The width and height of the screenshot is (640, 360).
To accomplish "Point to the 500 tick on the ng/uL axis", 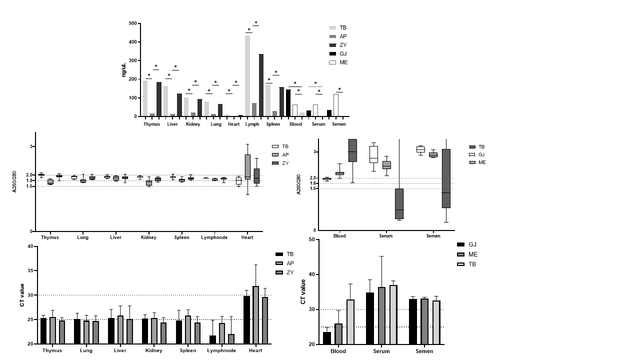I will [132, 23].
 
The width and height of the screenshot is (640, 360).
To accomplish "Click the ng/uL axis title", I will [124, 70].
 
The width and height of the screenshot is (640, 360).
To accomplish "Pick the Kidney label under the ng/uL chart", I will [193, 124].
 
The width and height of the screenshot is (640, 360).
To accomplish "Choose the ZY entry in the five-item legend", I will [343, 45].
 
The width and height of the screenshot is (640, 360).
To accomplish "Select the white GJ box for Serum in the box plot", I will [373, 154].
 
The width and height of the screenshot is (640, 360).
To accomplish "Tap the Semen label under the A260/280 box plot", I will [433, 236].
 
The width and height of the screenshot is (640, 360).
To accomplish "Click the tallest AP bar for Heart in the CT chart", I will [255, 315].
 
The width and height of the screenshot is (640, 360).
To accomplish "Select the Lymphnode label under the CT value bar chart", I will [221, 350].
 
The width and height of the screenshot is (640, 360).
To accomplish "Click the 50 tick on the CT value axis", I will [311, 239].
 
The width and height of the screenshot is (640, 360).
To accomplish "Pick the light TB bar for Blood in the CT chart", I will [350, 322].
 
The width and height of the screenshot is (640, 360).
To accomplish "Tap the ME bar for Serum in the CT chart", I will [381, 315].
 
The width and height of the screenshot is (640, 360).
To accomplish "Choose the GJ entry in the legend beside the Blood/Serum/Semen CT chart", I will [472, 244].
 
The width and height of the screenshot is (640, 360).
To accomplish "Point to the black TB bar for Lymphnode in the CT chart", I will [212, 339].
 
